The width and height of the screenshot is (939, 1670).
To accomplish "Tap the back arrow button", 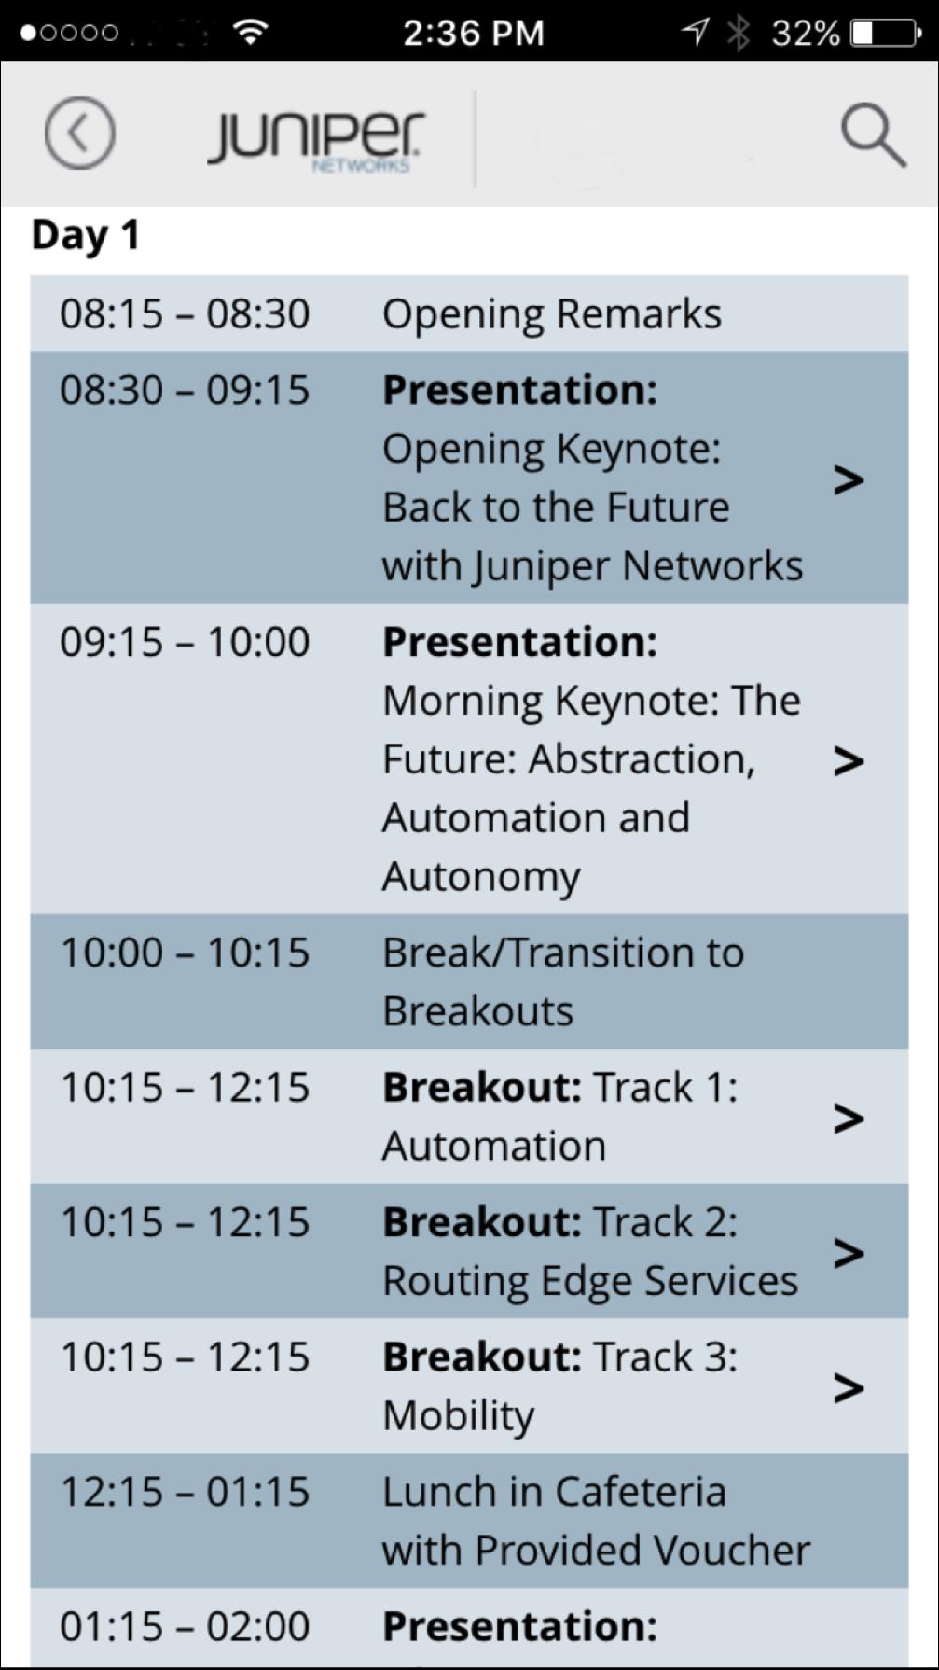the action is tap(79, 133).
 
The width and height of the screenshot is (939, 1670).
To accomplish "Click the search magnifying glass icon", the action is tap(873, 135).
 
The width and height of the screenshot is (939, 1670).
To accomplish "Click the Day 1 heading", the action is tap(86, 235).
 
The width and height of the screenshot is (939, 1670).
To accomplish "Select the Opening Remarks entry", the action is tap(552, 314).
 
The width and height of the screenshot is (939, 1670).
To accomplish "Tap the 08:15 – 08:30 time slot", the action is tap(185, 313).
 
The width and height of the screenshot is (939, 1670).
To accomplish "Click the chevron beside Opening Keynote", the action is tap(849, 480).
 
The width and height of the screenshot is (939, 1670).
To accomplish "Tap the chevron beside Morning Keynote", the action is tap(849, 760).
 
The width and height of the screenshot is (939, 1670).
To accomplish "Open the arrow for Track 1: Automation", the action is tap(849, 1118).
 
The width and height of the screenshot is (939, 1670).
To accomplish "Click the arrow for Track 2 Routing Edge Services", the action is tap(849, 1252).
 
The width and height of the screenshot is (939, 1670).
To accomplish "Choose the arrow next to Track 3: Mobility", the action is tap(849, 1387).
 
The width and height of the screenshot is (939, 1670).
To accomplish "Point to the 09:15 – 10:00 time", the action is tap(185, 642).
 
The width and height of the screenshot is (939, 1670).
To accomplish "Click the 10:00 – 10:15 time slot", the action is tap(185, 953).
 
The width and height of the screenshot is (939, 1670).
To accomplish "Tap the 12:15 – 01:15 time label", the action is tap(185, 1492).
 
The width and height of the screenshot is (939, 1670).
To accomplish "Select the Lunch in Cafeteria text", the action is tap(554, 1492).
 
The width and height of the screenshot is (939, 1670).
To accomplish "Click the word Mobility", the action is tap(459, 1416).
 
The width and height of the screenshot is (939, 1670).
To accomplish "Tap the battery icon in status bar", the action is tap(886, 34).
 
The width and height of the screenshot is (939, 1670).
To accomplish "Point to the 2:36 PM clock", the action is tap(474, 34).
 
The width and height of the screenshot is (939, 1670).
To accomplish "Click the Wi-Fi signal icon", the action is tap(250, 33).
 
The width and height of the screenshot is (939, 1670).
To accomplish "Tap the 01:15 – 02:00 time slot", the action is tap(185, 1626).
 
